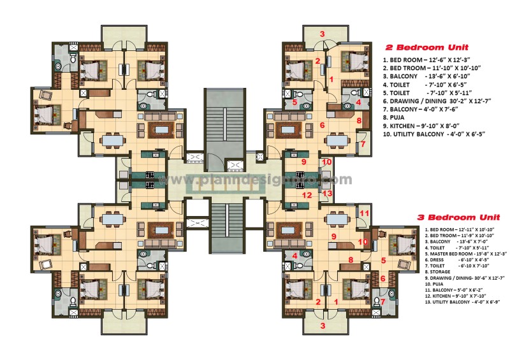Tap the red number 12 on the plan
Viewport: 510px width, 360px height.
tap(307, 195)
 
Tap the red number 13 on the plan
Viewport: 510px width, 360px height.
tap(328, 193)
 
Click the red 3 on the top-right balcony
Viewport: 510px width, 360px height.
tap(323, 34)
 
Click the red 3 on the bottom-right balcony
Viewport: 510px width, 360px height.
tap(323, 326)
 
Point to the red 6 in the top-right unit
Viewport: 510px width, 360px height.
tap(323, 126)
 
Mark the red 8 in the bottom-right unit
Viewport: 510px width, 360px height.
tap(351, 259)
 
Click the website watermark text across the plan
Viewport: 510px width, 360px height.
tap(255, 180)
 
